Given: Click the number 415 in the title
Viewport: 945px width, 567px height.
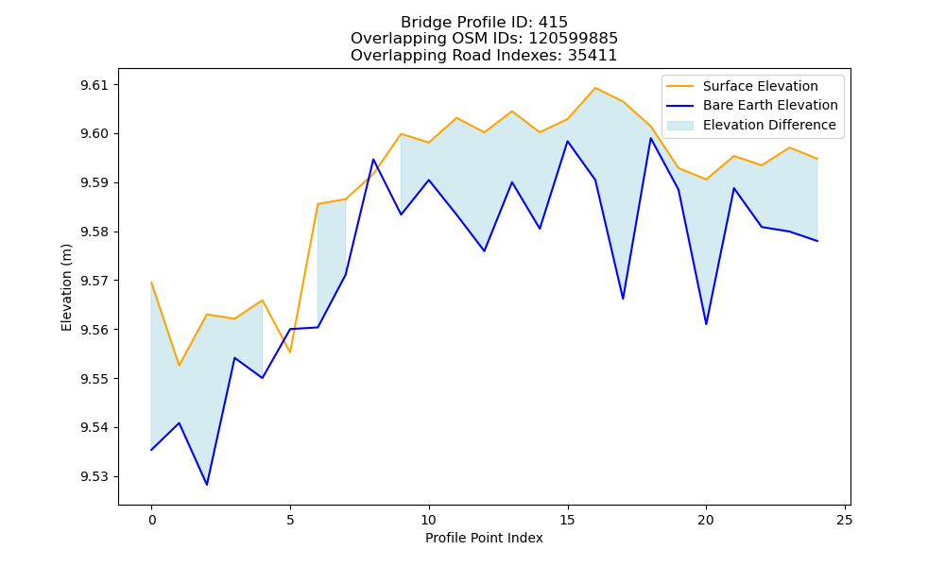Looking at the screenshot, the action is tap(553, 23).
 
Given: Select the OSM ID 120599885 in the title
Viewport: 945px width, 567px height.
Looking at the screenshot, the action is tap(574, 39).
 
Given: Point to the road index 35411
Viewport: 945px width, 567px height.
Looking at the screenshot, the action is tap(593, 56).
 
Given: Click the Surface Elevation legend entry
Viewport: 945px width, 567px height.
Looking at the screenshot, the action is tap(743, 86).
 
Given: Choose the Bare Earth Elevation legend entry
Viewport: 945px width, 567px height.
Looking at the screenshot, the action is tap(752, 106).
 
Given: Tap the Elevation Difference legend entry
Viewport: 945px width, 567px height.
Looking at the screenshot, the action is tap(751, 125).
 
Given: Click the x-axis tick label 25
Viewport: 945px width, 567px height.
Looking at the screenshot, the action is tap(845, 520).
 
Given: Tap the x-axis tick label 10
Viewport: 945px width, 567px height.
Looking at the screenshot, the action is tap(428, 520).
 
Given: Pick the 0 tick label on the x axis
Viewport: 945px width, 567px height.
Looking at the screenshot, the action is tap(151, 520).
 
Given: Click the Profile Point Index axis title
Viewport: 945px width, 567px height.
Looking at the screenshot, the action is tap(484, 538).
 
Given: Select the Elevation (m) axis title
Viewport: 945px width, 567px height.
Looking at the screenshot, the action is tap(66, 287).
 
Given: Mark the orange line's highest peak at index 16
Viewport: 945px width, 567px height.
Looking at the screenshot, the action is tap(595, 88).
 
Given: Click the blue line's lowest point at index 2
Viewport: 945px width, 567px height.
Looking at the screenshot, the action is tap(207, 485).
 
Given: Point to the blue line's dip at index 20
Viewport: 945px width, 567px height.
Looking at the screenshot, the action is tap(706, 324).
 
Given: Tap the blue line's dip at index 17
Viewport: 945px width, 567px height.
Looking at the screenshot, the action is tap(623, 299).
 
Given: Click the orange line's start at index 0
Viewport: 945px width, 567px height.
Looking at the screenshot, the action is tap(151, 282).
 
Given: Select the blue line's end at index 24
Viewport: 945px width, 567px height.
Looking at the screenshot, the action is tap(817, 241).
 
